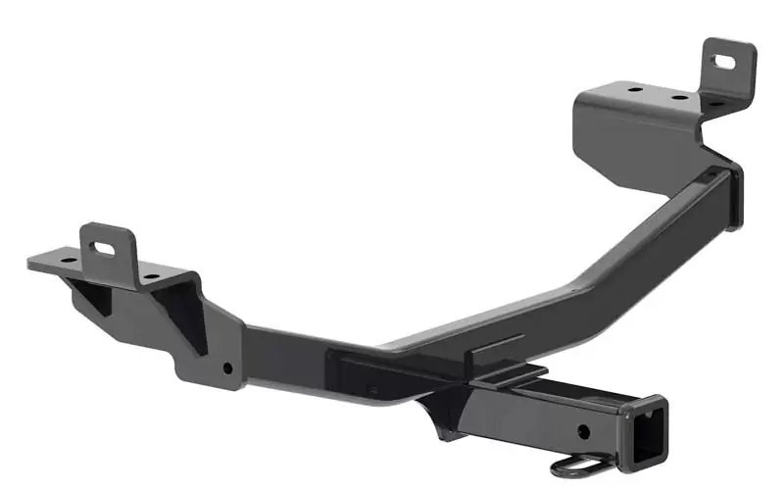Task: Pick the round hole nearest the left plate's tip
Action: [x=69, y=260]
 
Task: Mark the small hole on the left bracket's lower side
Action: [x=227, y=368]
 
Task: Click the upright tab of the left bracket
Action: [x=107, y=246]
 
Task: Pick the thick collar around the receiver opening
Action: [x=647, y=431]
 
